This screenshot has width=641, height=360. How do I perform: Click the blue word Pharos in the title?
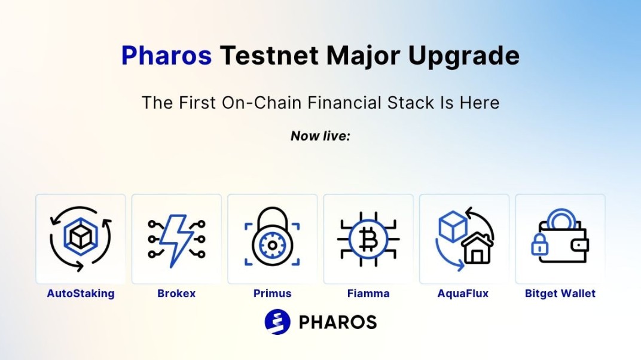[166, 55]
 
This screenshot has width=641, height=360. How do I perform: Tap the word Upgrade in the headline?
[463, 56]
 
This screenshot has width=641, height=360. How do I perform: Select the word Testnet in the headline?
[269, 55]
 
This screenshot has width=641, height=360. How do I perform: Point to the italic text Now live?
[320, 136]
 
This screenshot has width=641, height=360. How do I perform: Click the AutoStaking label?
[81, 294]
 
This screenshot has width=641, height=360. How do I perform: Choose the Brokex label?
[176, 294]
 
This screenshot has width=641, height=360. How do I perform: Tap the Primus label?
[272, 294]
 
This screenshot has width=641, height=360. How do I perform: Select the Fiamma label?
[368, 294]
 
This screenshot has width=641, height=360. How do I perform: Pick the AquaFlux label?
[463, 294]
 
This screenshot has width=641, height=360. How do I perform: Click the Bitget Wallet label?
[560, 294]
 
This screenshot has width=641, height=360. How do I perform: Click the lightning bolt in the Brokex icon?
[176, 240]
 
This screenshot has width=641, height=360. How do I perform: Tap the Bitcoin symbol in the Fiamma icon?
[368, 239]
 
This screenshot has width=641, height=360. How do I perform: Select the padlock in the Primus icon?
[272, 237]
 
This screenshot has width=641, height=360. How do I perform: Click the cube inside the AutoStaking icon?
[81, 237]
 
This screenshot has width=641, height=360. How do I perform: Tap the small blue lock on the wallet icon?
[539, 245]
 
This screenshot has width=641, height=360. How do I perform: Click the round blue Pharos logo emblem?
[277, 322]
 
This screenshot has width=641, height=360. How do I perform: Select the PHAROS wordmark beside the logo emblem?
[338, 322]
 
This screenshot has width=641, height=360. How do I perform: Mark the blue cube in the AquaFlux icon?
[453, 227]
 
